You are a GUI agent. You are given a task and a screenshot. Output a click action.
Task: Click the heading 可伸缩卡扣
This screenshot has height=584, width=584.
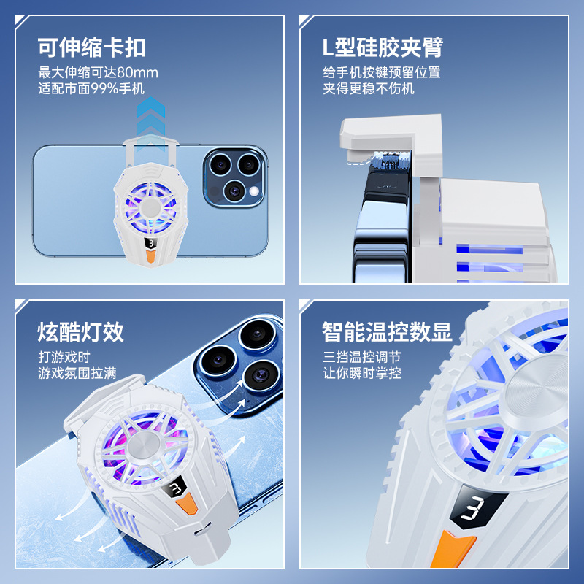(x=91, y=47)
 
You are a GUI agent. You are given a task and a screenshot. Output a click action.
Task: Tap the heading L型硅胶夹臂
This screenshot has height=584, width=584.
(x=383, y=47)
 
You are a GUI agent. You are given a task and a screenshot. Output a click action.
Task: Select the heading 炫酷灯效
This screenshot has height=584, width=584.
(x=80, y=332)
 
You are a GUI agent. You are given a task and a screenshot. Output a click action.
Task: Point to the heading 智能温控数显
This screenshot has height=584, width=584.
(x=387, y=332)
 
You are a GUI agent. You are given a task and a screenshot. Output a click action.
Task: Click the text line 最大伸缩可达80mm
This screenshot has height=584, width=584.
(x=99, y=72)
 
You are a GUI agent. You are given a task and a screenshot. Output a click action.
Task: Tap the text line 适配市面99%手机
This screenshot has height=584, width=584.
(x=91, y=88)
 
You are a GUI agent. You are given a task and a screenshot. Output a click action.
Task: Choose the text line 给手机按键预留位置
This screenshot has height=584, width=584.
(x=382, y=72)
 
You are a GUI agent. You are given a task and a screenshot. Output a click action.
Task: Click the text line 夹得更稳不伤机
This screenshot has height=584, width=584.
(x=369, y=88)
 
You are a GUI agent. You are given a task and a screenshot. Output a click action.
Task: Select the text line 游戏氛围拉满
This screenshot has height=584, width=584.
(x=77, y=373)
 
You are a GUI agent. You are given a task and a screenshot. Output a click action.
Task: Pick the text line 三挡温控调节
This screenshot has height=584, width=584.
(x=362, y=357)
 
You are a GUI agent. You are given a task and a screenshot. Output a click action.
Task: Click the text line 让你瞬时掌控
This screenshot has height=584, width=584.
(x=362, y=373)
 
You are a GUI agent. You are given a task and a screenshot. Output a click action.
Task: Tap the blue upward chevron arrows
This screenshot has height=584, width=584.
(x=150, y=123)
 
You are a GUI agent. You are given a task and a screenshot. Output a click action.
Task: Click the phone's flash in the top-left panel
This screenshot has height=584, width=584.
(x=254, y=191)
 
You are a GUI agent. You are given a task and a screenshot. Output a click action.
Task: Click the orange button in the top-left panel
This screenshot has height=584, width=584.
(x=151, y=256)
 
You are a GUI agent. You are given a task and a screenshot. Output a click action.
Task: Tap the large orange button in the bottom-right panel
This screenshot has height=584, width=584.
(x=453, y=550)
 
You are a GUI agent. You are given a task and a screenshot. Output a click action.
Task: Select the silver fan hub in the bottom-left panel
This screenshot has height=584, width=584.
(x=144, y=447)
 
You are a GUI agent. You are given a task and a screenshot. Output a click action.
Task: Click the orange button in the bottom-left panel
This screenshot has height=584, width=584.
(x=186, y=504)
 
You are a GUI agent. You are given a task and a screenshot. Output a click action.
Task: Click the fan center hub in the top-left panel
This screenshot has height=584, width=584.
(x=150, y=207)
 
